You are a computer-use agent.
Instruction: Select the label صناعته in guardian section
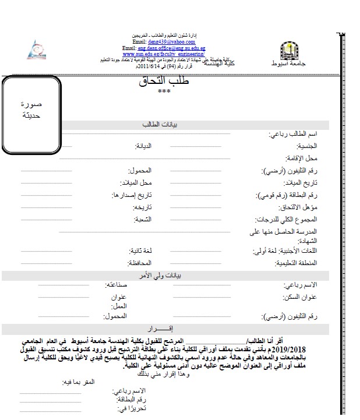pyautogui.click(x=115, y=285)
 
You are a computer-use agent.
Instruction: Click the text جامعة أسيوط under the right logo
pyautogui.click(x=285, y=63)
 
